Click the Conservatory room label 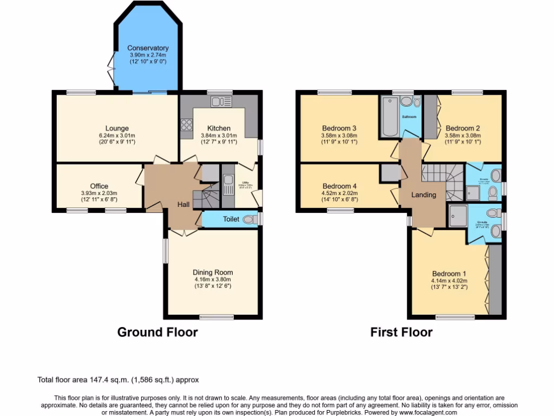click(x=148, y=48)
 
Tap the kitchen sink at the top click(x=221, y=102)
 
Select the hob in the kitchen click(x=187, y=125)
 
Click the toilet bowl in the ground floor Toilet click(x=250, y=219)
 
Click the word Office click(x=99, y=186)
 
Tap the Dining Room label click(x=213, y=272)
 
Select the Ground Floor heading click(x=157, y=332)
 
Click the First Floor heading click(x=401, y=332)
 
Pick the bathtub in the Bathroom click(x=389, y=116)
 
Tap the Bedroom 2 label click(x=463, y=128)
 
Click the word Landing click(x=424, y=195)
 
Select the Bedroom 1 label click(x=449, y=274)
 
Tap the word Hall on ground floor click(x=183, y=205)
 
